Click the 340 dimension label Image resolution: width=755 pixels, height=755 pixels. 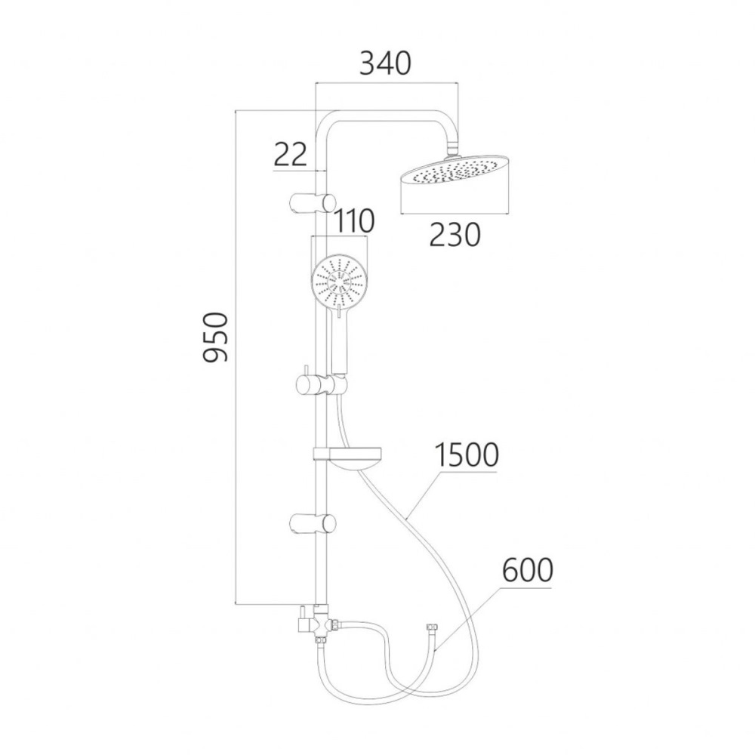point(385,63)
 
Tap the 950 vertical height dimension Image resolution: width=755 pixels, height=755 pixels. point(214,337)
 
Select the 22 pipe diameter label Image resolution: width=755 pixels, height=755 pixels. point(291,154)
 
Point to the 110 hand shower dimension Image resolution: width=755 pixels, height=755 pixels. point(354,221)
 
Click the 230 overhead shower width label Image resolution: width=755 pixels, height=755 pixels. point(455,235)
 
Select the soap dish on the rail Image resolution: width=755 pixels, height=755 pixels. point(347,458)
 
